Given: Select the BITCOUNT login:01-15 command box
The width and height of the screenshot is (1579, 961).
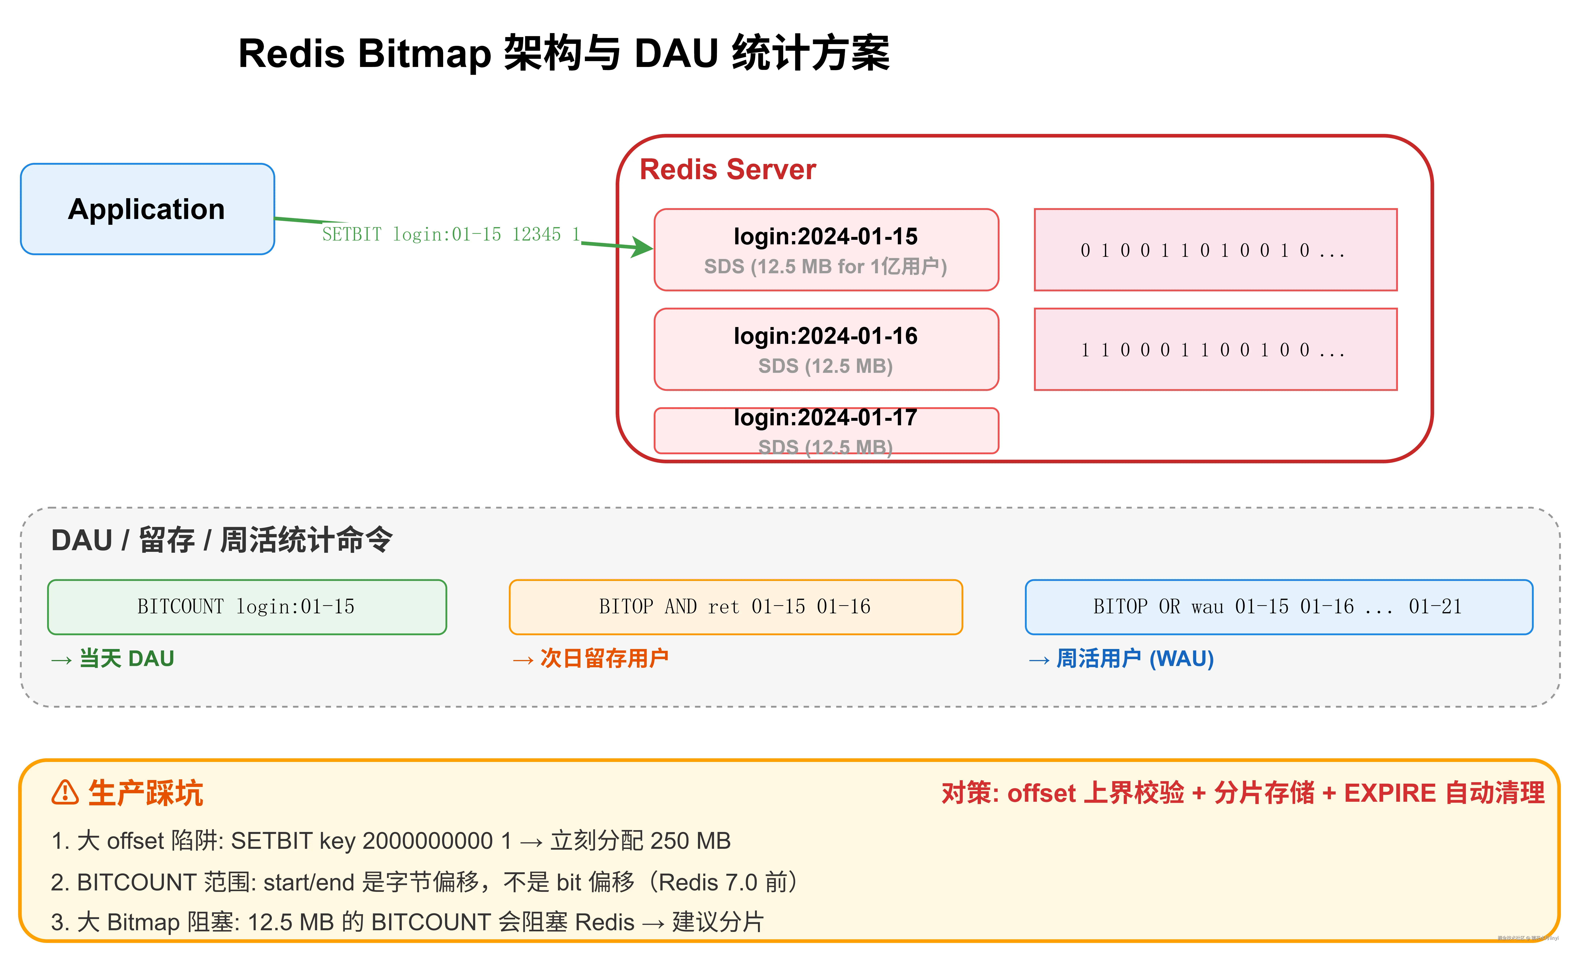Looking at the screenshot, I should [x=247, y=607].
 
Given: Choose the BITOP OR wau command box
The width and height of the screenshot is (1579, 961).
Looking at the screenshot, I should [x=1278, y=607].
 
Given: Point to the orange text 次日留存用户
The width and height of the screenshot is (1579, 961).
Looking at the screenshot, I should [x=604, y=659].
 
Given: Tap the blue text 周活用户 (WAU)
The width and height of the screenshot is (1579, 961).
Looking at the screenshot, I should [x=1134, y=659].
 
